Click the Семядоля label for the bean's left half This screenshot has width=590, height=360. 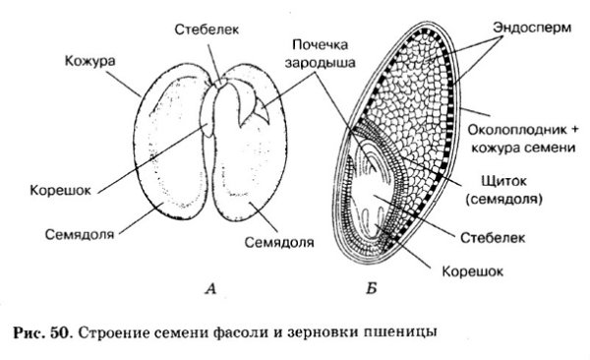pyautogui.click(x=82, y=235)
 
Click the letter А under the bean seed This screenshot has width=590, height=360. pyautogui.click(x=210, y=288)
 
